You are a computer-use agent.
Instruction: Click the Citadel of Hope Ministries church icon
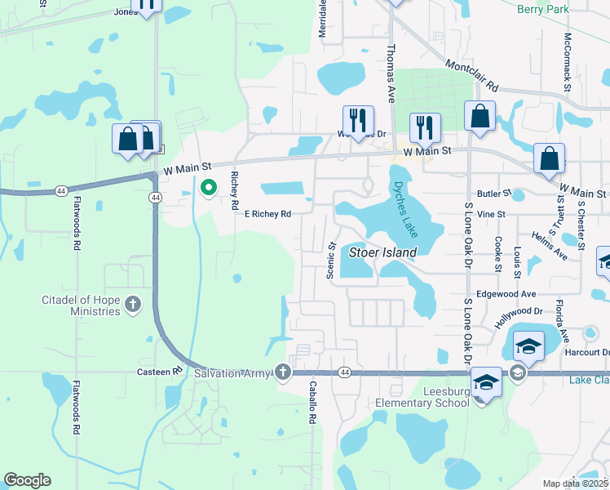point(135,305)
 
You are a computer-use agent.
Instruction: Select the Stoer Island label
point(382,252)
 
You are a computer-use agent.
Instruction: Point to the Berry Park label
point(543,9)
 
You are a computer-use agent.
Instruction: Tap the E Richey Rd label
point(267,214)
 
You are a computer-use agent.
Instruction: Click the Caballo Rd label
point(312,403)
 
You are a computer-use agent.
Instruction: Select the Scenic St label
point(331,261)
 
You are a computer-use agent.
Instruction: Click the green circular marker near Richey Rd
point(208,189)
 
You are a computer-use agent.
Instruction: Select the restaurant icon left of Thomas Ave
point(358,120)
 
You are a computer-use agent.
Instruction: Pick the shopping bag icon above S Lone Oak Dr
point(480,116)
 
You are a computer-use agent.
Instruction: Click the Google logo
point(28,479)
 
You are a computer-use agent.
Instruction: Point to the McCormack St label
point(567,62)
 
